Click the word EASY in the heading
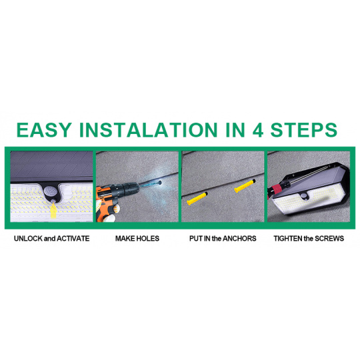(x=44, y=130)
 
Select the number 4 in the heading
(x=257, y=130)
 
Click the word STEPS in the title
(x=304, y=130)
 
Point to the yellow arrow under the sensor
(x=53, y=211)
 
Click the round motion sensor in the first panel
(x=49, y=191)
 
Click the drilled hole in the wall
(x=159, y=183)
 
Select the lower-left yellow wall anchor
(x=197, y=199)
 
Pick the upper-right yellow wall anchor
(x=245, y=186)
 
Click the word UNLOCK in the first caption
(x=29, y=239)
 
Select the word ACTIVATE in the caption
(x=73, y=239)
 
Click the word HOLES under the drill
(x=148, y=239)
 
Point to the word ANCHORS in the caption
(x=239, y=239)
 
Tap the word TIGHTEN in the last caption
(x=288, y=239)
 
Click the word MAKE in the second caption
(x=125, y=239)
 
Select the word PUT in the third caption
(x=196, y=239)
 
